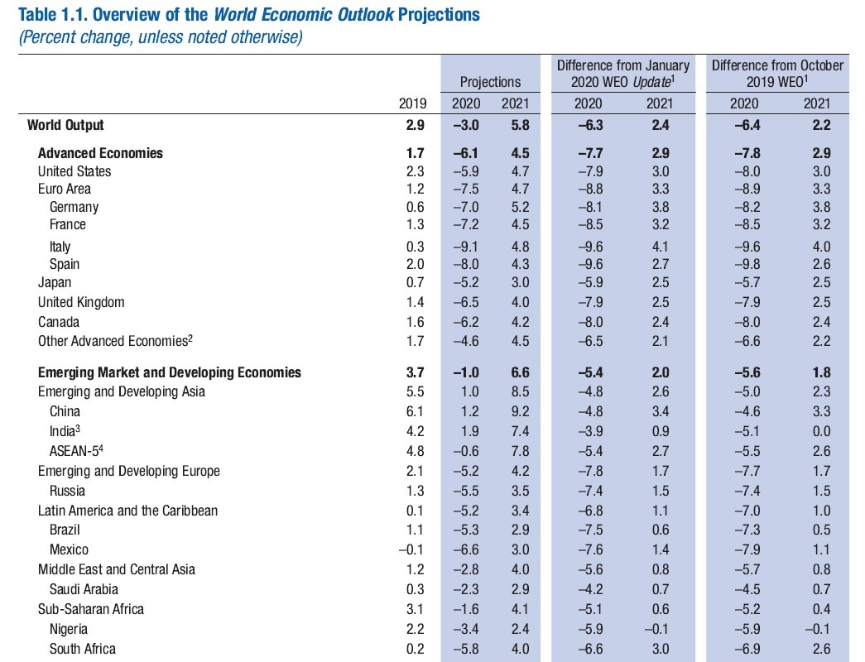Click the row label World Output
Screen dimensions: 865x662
click(65, 125)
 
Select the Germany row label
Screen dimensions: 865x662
click(74, 207)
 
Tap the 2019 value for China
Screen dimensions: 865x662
click(415, 411)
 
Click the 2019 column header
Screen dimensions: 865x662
click(413, 103)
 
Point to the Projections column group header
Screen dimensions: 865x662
click(490, 82)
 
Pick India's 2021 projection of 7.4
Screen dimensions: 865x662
click(520, 431)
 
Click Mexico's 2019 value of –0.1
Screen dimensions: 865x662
click(411, 550)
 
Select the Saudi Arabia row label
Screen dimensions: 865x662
click(84, 589)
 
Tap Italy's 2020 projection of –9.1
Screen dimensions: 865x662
click(465, 247)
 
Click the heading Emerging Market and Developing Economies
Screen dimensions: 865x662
click(170, 373)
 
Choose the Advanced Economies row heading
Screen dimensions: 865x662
click(100, 153)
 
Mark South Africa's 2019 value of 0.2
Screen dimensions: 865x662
click(415, 650)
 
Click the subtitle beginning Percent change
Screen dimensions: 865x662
click(161, 37)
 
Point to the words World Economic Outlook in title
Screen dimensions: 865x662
click(304, 14)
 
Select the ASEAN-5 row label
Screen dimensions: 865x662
click(76, 451)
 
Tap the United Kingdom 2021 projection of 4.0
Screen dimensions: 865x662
click(520, 302)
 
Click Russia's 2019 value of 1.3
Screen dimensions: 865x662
click(415, 491)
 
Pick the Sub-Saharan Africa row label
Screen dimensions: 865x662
click(91, 609)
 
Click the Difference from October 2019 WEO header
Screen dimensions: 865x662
click(777, 74)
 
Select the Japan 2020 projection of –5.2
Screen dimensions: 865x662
click(465, 282)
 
